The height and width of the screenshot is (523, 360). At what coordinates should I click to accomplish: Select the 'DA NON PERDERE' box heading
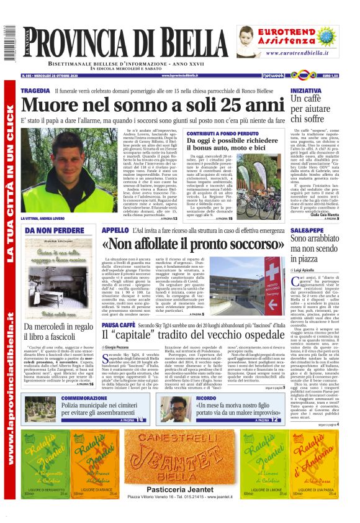pos(47,231)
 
